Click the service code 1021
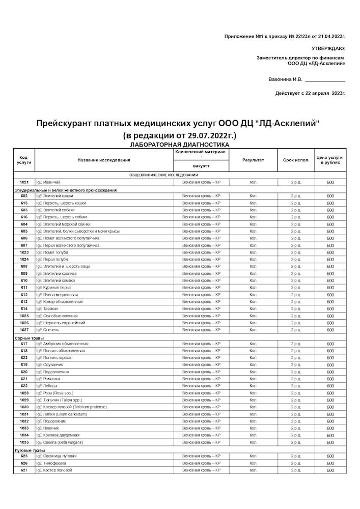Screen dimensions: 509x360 click(24, 182)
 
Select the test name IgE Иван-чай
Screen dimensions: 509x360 click(48, 182)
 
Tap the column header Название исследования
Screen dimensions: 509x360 click(104, 160)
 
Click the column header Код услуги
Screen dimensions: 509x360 click(24, 160)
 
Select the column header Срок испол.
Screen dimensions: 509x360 click(296, 160)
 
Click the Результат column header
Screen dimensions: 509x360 click(253, 160)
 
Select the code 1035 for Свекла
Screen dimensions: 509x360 click(24, 442)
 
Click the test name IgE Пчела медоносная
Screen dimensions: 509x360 click(57, 295)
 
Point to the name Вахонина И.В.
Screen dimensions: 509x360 click(285, 79)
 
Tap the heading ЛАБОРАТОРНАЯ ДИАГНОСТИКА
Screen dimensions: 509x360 click(179, 145)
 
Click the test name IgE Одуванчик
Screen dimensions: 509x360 click(49, 365)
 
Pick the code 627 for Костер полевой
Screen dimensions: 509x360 click(24, 470)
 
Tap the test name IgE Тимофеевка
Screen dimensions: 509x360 click(51, 463)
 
